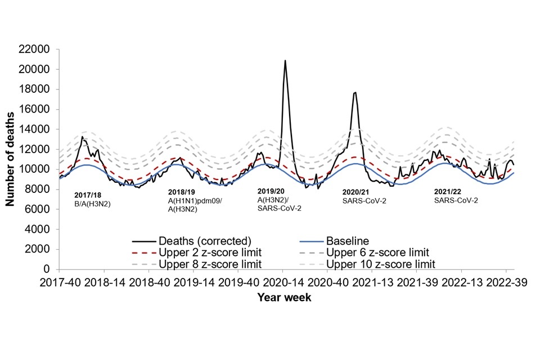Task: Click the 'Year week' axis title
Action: pyautogui.click(x=284, y=298)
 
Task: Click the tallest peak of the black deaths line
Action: pyautogui.click(x=285, y=61)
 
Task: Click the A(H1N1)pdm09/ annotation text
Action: pyautogui.click(x=195, y=201)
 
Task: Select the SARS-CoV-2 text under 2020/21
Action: pyautogui.click(x=364, y=200)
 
